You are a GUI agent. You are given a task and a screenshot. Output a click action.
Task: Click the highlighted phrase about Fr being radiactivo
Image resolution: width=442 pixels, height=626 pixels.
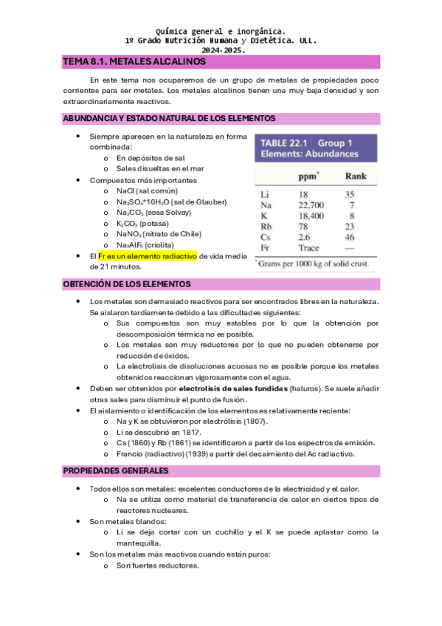coord(148,255)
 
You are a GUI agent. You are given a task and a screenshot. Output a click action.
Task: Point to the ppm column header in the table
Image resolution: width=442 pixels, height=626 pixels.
coord(308,177)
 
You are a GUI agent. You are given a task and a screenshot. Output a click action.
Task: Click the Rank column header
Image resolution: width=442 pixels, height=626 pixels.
coord(356,177)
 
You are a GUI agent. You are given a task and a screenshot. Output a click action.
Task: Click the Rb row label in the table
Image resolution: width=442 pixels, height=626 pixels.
coord(266,227)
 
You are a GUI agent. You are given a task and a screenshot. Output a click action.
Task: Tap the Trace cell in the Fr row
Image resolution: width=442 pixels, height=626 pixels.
coord(308,248)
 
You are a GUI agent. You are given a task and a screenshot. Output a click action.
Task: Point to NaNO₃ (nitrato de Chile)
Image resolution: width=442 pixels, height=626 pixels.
coord(159,234)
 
